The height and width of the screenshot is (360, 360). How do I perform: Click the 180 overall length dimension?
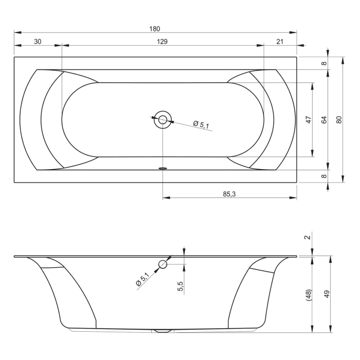(155, 29)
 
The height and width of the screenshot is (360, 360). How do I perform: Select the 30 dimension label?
(38, 42)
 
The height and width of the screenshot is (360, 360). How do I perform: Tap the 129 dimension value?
(163, 42)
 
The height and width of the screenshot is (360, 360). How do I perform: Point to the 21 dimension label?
(280, 42)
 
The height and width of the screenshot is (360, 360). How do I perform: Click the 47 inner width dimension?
(309, 120)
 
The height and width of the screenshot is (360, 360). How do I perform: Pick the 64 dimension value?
(324, 120)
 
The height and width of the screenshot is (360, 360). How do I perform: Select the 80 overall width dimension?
(339, 119)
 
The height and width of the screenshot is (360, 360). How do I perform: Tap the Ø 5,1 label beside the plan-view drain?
(201, 124)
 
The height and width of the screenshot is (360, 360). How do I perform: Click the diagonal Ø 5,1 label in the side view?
(142, 280)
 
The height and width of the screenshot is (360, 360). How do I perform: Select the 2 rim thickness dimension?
(308, 237)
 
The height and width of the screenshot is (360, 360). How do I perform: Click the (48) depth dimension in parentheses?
(309, 295)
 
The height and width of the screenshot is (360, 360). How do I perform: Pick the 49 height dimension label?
(327, 294)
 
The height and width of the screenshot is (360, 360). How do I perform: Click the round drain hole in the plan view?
(163, 120)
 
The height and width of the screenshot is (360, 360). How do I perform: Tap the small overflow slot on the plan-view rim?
(163, 168)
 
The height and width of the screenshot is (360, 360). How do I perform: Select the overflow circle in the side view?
(163, 264)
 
